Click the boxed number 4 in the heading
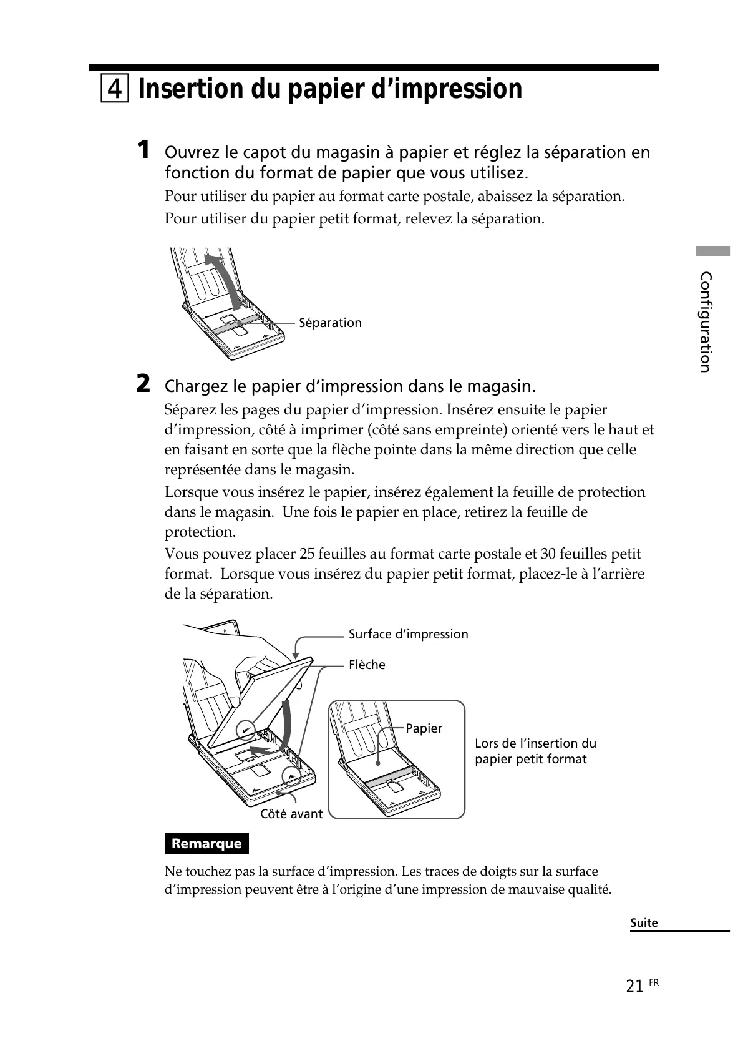coord(114,90)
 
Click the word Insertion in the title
coord(191,89)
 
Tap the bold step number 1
coord(143,150)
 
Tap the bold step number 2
coord(143,384)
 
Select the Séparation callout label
coord(330,323)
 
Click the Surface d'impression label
coord(408,634)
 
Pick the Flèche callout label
coord(367,665)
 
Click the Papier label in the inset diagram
coord(424,728)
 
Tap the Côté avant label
coord(291,814)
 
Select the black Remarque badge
coord(206,844)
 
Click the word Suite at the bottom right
coord(644,922)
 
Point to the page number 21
coord(634,986)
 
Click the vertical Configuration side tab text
coord(706,321)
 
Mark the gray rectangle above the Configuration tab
coord(713,252)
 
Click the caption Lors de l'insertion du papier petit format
coord(535,751)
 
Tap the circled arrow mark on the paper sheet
coord(246,730)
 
